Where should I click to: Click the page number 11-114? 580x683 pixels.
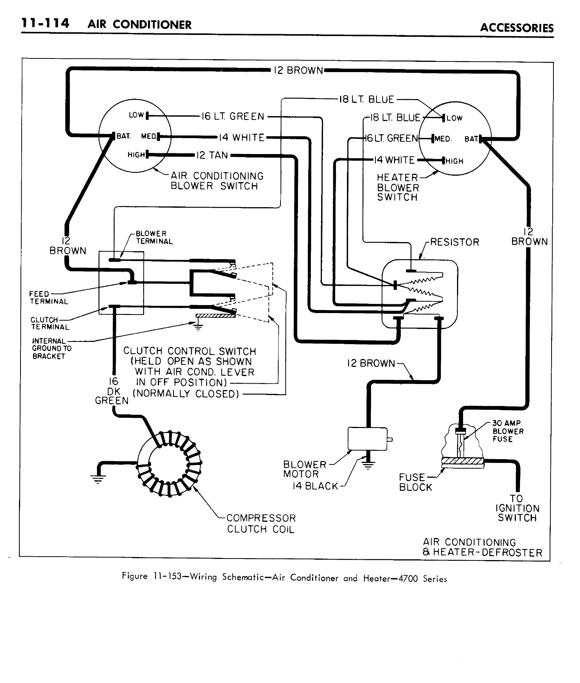(x=45, y=24)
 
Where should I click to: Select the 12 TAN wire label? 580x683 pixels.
(x=212, y=155)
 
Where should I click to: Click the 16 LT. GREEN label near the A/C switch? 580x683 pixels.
(x=232, y=116)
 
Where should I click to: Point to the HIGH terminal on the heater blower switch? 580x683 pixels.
(x=443, y=161)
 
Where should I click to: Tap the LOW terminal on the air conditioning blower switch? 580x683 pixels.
(x=147, y=115)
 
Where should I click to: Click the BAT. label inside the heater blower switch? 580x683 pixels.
(x=471, y=139)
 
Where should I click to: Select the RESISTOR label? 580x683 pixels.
(x=454, y=242)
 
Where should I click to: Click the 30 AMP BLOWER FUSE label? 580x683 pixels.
(x=507, y=431)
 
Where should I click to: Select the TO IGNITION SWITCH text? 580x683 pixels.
(x=517, y=508)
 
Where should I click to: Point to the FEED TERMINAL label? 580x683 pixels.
(x=49, y=298)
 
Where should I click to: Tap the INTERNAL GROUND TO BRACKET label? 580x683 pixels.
(x=51, y=348)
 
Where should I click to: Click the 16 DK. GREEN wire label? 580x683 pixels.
(x=112, y=391)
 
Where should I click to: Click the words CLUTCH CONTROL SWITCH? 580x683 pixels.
(x=189, y=351)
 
